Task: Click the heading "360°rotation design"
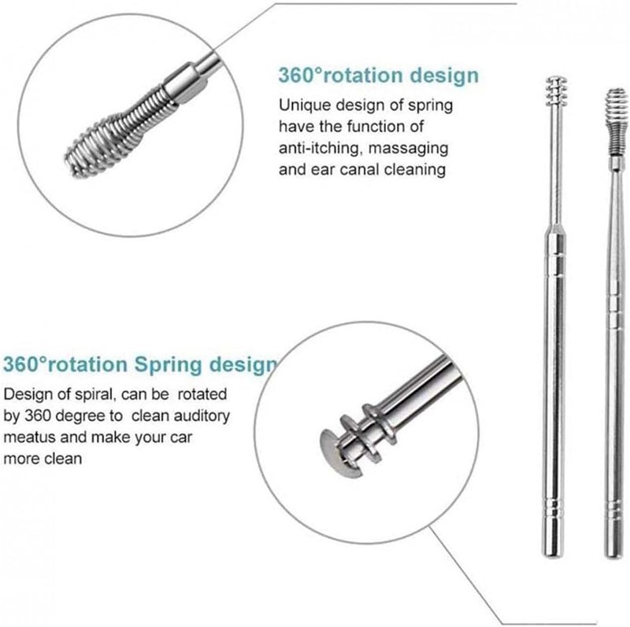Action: [377, 76]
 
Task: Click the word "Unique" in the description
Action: [301, 105]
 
